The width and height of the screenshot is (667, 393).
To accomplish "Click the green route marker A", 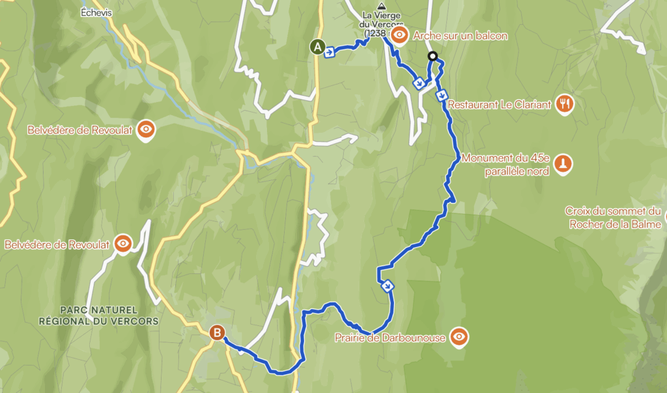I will pyautogui.click(x=317, y=47).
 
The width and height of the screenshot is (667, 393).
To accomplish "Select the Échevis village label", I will pyautogui.click(x=96, y=12).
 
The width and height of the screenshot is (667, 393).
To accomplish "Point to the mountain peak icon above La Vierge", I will pyautogui.click(x=382, y=7).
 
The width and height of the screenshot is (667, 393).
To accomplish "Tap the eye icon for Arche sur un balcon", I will pyautogui.click(x=400, y=36).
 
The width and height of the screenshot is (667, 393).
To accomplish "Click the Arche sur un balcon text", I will pyautogui.click(x=460, y=36).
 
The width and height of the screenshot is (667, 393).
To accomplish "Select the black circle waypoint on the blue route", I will pyautogui.click(x=432, y=57).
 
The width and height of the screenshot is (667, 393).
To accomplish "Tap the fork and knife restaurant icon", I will pyautogui.click(x=565, y=103).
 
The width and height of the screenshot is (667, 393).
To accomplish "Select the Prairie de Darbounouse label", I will pyautogui.click(x=390, y=337).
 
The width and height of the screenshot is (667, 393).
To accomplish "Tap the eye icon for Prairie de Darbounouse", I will pyautogui.click(x=459, y=336).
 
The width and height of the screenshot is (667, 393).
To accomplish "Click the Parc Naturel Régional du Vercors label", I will pyautogui.click(x=98, y=315).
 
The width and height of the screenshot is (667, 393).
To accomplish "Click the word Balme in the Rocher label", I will pyautogui.click(x=647, y=224).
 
